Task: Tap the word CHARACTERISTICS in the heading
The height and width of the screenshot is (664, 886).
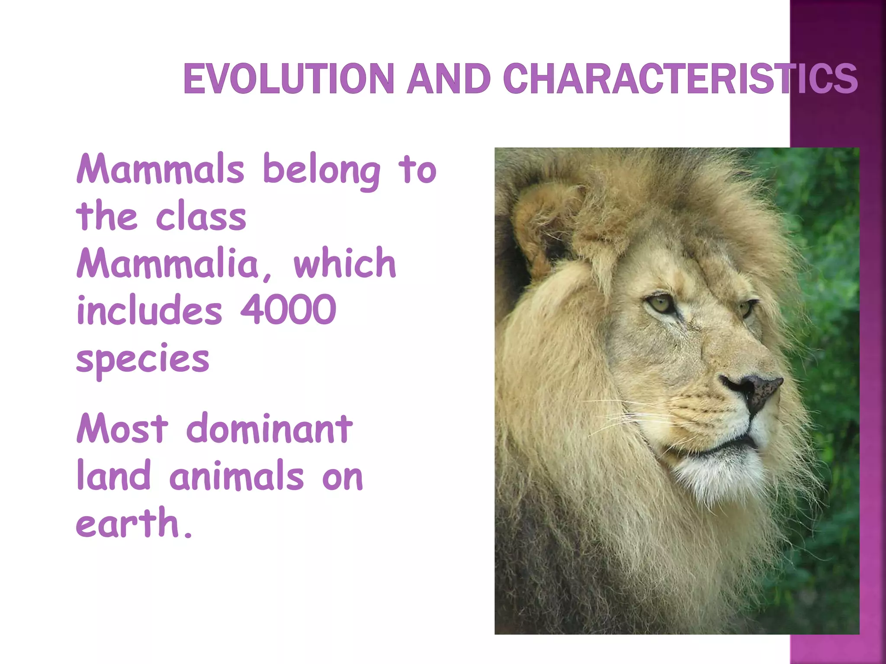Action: point(680,79)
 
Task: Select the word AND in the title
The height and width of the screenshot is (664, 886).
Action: point(448,79)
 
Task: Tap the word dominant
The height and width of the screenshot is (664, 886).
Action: point(270,429)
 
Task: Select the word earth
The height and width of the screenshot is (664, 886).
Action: point(128,523)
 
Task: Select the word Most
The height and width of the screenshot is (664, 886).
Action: point(122,429)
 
